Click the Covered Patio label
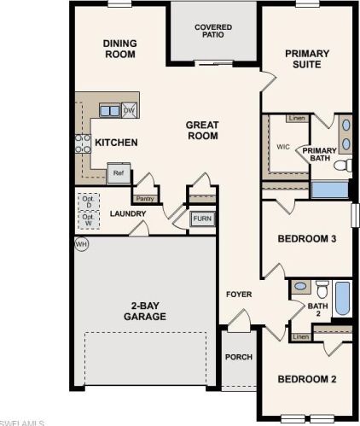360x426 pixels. point(212,32)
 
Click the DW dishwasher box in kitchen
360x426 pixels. point(130,110)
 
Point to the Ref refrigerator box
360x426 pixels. point(118,172)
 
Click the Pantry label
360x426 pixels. point(144,199)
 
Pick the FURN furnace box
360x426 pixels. point(202,219)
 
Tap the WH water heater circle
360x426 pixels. point(82,244)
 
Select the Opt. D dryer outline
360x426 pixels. point(87,203)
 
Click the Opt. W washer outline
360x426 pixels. point(87,221)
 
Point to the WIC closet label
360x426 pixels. point(283,147)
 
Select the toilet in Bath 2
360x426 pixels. point(322,288)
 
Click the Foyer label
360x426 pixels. point(239,295)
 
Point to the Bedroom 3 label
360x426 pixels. point(307,239)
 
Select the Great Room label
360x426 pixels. point(202,131)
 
